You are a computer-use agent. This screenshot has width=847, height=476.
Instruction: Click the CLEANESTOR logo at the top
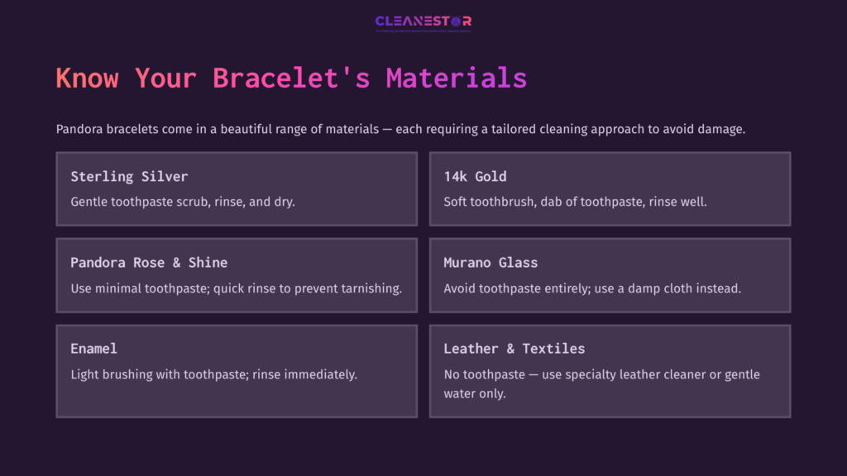coord(423,21)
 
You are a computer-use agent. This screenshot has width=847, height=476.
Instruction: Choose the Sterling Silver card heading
coord(129,176)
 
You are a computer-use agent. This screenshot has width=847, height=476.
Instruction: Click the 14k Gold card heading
coord(475,176)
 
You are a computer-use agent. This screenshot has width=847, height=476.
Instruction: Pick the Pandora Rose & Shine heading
coord(149,262)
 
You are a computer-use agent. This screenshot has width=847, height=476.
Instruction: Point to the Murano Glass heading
coord(490,262)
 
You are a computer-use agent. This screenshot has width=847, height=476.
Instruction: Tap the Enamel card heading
coord(94,348)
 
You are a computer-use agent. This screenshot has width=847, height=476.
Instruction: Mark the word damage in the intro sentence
coord(722,130)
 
